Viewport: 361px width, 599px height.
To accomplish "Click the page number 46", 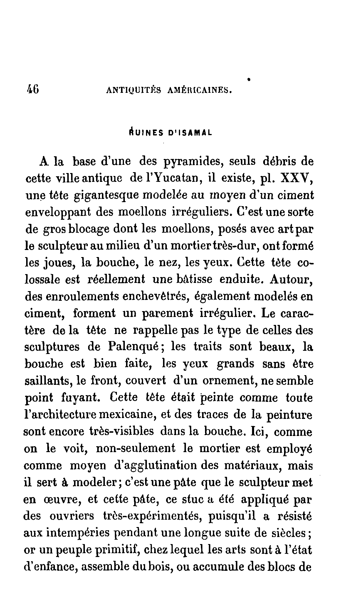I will click(x=33, y=89).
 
